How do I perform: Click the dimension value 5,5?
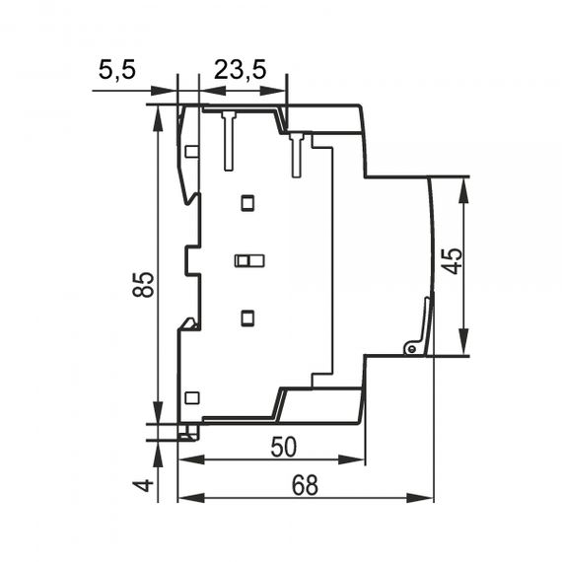[x=117, y=70]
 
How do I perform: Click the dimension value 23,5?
[x=241, y=70]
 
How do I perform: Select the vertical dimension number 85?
[x=143, y=285]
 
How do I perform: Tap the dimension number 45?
[x=453, y=261]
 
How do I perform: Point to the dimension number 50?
[x=284, y=447]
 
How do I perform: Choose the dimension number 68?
[x=305, y=485]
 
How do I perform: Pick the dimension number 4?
[x=143, y=486]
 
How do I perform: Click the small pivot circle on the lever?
[x=412, y=348]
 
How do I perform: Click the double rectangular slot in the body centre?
[x=249, y=260]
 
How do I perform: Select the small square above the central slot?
[x=247, y=203]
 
